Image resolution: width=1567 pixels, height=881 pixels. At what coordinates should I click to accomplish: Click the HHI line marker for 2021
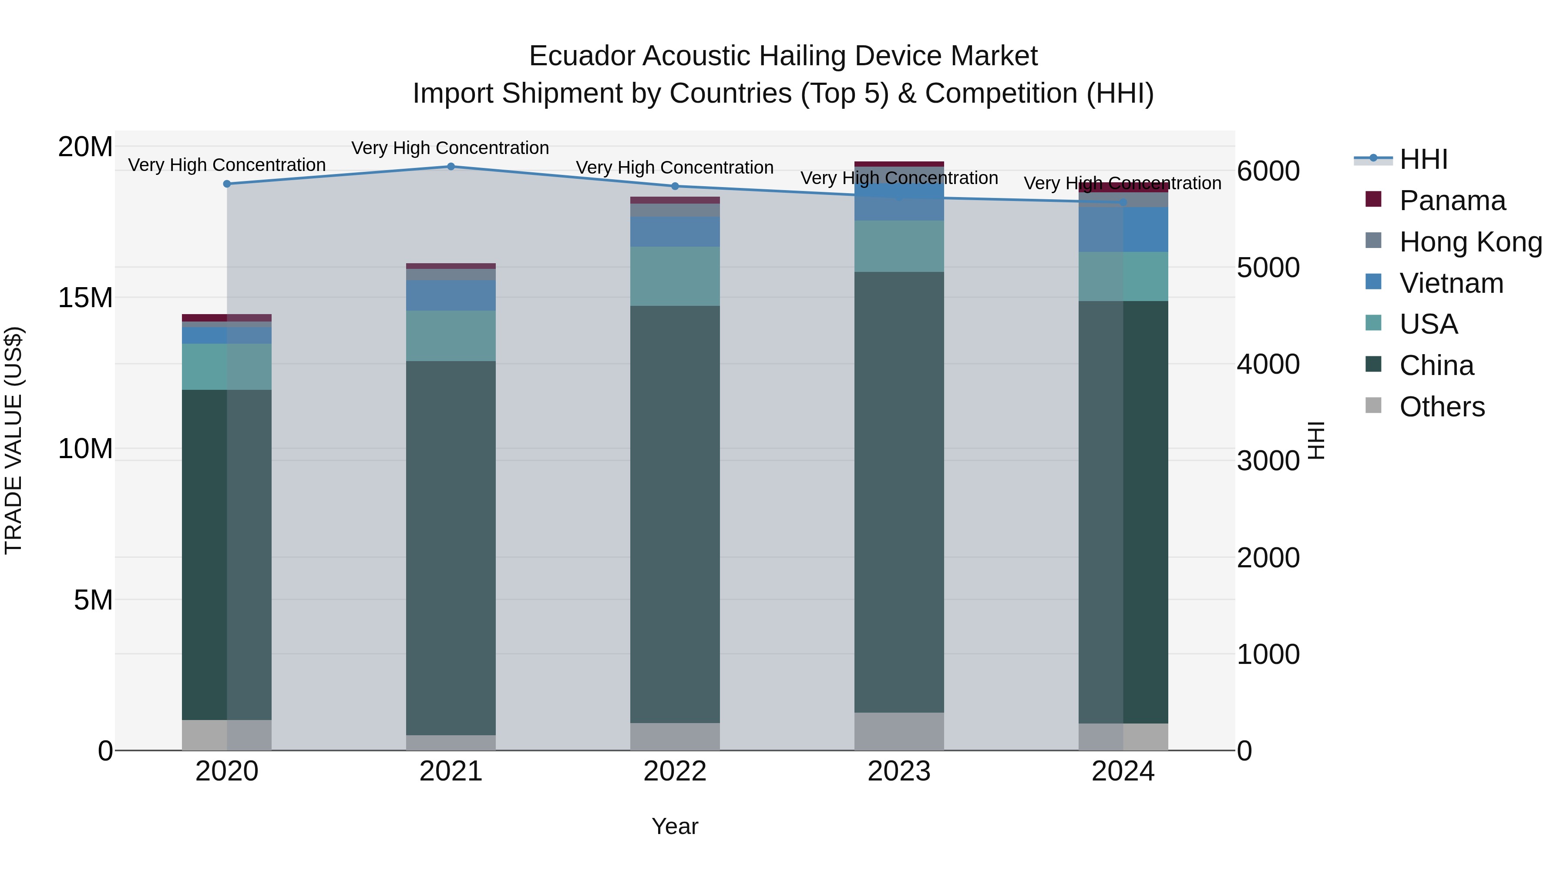(451, 167)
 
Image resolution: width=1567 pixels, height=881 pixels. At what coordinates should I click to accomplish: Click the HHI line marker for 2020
(227, 184)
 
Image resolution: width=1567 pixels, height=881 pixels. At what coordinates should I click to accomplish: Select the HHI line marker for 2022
(675, 186)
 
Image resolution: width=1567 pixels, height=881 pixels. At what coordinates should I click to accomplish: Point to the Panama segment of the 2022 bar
(675, 200)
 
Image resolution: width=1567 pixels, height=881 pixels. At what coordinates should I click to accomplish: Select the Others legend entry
(1441, 407)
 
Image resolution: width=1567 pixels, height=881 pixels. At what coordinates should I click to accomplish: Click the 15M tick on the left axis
(85, 298)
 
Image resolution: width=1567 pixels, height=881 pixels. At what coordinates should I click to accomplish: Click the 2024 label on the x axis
(1123, 771)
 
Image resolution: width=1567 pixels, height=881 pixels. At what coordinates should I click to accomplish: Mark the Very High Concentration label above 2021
(450, 148)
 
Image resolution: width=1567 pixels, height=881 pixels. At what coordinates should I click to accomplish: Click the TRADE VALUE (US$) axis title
(13, 440)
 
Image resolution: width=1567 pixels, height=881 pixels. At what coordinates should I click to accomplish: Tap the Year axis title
(675, 826)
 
